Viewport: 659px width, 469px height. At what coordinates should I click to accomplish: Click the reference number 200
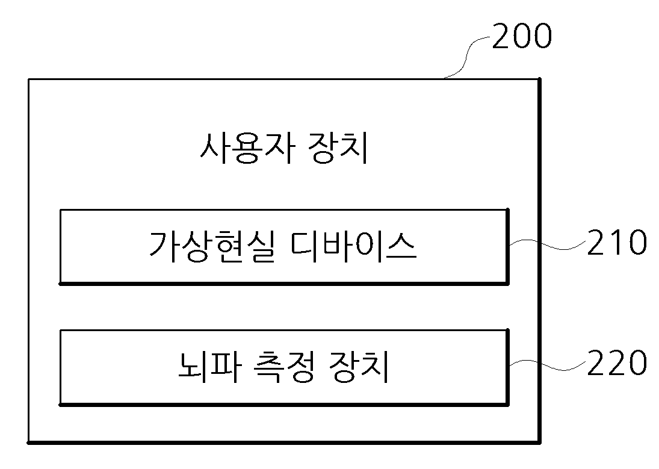[x=522, y=36]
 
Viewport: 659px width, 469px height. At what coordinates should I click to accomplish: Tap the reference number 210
[x=616, y=242]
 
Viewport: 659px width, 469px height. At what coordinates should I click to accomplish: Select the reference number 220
[x=616, y=363]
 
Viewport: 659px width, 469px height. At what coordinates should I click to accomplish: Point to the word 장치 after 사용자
[x=338, y=148]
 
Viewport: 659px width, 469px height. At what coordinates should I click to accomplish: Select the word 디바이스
[x=353, y=247]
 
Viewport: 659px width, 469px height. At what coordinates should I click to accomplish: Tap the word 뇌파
[x=209, y=367]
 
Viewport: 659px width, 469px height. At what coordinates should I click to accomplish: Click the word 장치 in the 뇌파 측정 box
[x=359, y=367]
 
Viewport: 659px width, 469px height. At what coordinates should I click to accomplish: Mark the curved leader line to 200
[x=468, y=57]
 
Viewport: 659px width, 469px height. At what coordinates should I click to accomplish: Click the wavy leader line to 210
[x=548, y=244]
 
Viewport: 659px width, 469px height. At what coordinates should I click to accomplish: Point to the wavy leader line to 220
[x=548, y=365]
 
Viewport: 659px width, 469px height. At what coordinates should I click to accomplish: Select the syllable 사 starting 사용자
[x=215, y=148]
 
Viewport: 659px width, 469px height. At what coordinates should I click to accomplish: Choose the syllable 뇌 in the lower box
[x=193, y=367]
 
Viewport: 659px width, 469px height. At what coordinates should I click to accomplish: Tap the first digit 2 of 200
[x=501, y=36]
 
